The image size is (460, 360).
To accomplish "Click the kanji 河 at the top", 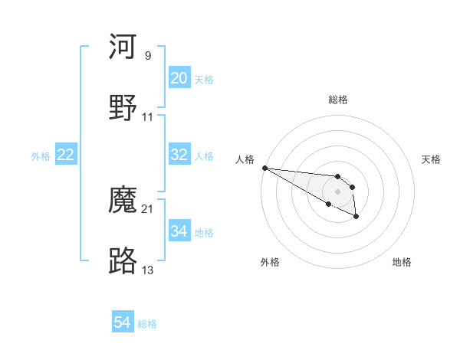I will tap(123, 47).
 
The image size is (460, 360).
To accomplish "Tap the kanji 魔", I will tap(123, 201).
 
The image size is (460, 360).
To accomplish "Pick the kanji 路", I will tap(123, 261).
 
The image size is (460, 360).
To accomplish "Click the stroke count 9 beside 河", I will tap(148, 56).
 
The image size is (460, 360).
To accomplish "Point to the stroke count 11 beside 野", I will tap(148, 117).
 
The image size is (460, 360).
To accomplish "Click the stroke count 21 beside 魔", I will tap(148, 208).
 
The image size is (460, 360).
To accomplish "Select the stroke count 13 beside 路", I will tap(148, 269).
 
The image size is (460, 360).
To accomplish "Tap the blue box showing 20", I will tap(179, 78).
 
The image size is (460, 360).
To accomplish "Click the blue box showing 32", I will tap(179, 155).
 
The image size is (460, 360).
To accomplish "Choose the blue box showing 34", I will tap(179, 231).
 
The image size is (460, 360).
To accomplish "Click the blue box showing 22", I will tap(66, 155).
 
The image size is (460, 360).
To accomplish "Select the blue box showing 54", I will tap(123, 322).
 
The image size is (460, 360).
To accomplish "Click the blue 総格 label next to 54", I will tap(147, 324).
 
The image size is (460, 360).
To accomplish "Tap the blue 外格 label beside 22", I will tap(41, 156).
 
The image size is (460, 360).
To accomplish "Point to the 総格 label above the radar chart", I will tap(338, 100).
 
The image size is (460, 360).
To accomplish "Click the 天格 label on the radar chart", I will tap(432, 159).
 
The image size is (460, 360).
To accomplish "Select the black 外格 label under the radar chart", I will tap(270, 262).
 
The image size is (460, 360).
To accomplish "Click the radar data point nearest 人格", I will tap(264, 168).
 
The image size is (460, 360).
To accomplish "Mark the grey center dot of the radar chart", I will tap(337, 191).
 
